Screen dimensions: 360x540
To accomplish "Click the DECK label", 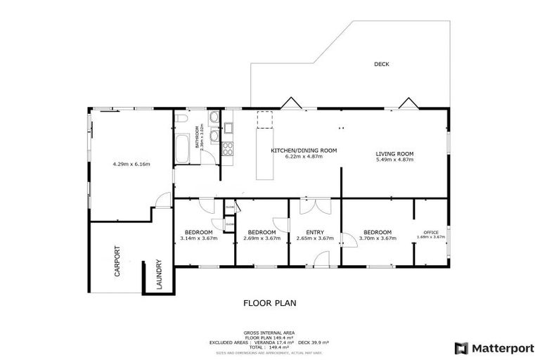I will click(x=381, y=64).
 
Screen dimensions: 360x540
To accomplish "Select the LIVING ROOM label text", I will click(x=394, y=153).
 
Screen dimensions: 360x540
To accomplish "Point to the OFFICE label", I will click(x=430, y=232).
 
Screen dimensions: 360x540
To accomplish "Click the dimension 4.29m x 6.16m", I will click(x=131, y=164).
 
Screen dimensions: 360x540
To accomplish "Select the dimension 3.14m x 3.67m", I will click(x=198, y=238).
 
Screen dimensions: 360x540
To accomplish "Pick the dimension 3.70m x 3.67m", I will click(x=378, y=238).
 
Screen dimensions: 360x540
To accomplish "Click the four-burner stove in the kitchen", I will click(x=228, y=148).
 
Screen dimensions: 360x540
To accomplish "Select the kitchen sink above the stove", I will click(x=229, y=129).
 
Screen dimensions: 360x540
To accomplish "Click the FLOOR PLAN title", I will click(x=269, y=304).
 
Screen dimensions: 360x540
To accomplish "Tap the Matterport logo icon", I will click(x=461, y=347).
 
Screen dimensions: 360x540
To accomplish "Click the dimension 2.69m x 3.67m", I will click(x=261, y=238).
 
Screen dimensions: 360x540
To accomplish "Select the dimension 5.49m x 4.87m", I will click(x=394, y=160).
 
